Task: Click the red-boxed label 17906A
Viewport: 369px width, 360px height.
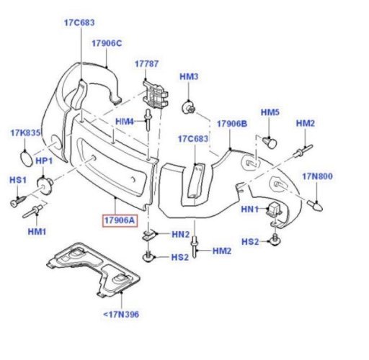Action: pos(120,220)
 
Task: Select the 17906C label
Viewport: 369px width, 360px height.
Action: pos(107,43)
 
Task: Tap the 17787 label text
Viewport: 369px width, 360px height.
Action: pos(146,64)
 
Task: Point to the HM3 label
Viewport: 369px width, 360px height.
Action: pos(189,76)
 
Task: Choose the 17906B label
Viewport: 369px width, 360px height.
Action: pos(232,124)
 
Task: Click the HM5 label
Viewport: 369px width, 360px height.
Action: pos(270,112)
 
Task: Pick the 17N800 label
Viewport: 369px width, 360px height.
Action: pos(317,176)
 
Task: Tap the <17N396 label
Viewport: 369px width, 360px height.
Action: pos(121,314)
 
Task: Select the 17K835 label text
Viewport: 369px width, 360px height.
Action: pos(25,132)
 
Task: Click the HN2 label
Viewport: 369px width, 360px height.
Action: pos(180,235)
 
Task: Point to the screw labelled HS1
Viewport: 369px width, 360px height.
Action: pos(18,202)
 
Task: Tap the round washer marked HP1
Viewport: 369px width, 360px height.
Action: pos(45,185)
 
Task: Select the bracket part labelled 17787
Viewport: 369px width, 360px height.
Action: pos(156,95)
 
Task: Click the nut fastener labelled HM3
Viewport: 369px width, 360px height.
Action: pos(188,108)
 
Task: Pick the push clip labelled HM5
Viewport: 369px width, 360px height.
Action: pos(270,143)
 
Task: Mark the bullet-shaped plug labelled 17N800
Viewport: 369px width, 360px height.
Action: pos(315,206)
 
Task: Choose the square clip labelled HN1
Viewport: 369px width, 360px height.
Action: pos(273,208)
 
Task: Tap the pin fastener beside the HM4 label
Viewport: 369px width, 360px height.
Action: pos(148,120)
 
